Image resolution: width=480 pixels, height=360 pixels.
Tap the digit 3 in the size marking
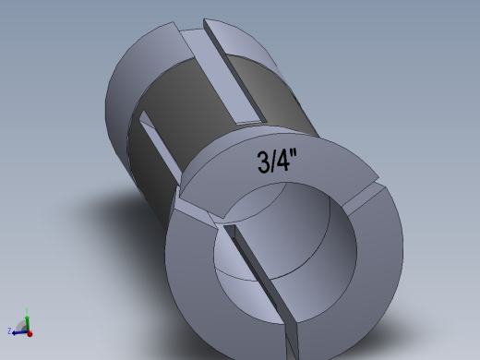tap(263, 163)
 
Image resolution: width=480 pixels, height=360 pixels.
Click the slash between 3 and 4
tap(275, 162)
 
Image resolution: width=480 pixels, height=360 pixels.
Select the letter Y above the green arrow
tap(27, 310)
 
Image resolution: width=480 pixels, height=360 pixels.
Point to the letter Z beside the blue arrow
tap(9, 330)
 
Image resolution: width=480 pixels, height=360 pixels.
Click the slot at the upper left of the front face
tap(198, 214)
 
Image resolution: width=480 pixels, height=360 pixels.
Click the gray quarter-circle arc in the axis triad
tap(22, 324)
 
